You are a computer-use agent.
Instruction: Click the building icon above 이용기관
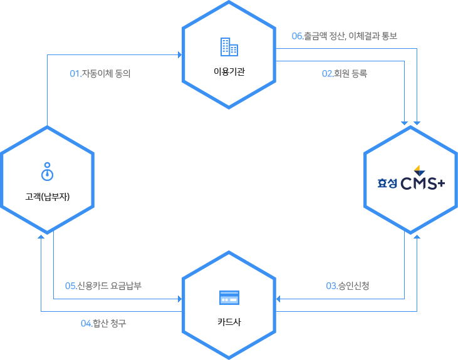pyautogui.click(x=229, y=47)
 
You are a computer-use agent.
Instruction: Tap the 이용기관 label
pyautogui.click(x=229, y=71)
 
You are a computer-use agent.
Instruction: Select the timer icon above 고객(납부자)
pyautogui.click(x=47, y=170)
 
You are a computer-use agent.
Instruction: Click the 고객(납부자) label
pyautogui.click(x=47, y=197)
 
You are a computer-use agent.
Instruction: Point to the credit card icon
pyautogui.click(x=229, y=298)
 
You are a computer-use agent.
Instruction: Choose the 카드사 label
pyautogui.click(x=229, y=322)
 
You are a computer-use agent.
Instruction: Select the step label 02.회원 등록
pyautogui.click(x=345, y=73)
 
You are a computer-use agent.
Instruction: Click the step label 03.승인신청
pyautogui.click(x=348, y=286)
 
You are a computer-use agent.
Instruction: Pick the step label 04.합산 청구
pyautogui.click(x=103, y=323)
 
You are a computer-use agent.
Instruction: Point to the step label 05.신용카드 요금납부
pyautogui.click(x=103, y=286)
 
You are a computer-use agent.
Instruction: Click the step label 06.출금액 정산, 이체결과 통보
pyautogui.click(x=345, y=36)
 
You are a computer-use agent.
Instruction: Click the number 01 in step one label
pyautogui.click(x=75, y=74)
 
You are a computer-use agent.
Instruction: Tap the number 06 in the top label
pyautogui.click(x=298, y=36)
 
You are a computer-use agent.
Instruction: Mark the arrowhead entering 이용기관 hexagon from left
pyautogui.click(x=179, y=55)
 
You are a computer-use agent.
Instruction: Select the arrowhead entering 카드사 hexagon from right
pyautogui.click(x=279, y=299)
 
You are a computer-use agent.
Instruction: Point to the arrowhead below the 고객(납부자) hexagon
pyautogui.click(x=41, y=237)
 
